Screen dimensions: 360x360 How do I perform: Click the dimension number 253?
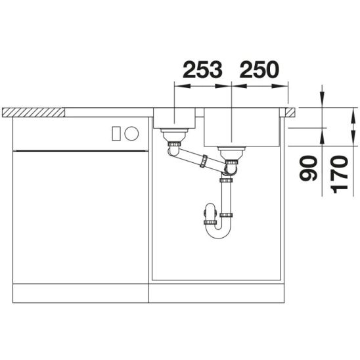point(202,70)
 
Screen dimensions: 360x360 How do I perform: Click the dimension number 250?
point(259,70)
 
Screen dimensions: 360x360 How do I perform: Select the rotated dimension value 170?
point(339,174)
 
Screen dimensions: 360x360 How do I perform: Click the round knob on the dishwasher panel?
point(131,133)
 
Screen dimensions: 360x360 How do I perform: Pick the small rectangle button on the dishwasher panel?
point(116,133)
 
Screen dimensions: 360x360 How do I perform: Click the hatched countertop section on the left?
point(34,112)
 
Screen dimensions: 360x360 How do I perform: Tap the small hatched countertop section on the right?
point(290,112)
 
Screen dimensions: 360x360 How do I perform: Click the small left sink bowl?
point(174,118)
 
